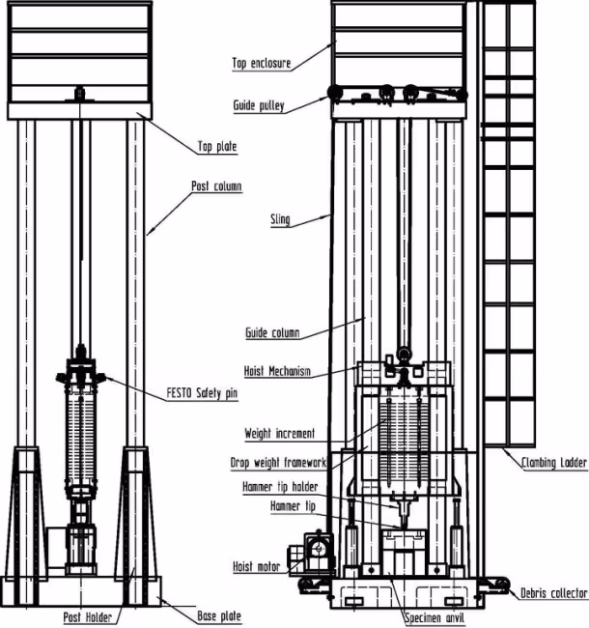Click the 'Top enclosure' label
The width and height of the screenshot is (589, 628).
(262, 63)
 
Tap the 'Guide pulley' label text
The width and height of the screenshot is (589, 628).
(259, 105)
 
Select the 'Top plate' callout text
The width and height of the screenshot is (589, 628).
(217, 147)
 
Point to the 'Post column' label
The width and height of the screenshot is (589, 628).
(216, 186)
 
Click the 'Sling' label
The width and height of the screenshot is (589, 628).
(280, 219)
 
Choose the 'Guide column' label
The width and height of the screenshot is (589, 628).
(272, 332)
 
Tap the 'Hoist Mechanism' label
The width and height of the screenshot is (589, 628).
(277, 371)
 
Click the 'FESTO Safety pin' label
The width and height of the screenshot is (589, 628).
(202, 393)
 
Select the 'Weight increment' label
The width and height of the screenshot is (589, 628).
(280, 434)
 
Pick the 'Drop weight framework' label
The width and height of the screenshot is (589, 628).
(278, 463)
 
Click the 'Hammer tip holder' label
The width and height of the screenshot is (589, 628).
(280, 487)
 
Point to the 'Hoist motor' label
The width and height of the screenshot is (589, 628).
(257, 566)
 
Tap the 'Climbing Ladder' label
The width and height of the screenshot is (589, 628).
(554, 463)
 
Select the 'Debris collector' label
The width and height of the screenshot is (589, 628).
(554, 593)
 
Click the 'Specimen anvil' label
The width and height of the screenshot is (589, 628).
(435, 618)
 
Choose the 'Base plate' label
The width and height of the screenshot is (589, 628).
(219, 615)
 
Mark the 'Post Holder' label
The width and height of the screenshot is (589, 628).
(88, 617)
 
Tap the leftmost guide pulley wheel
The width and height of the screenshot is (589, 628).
(335, 94)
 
